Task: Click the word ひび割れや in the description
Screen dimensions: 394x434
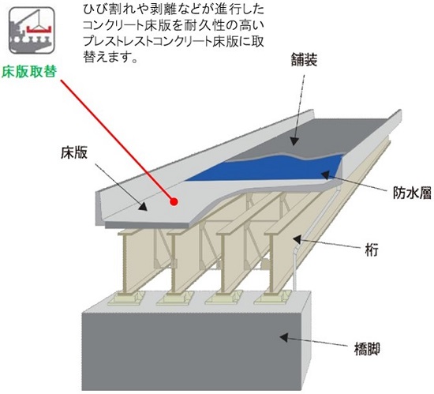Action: (111, 9)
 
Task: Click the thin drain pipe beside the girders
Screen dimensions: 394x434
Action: (295, 261)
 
